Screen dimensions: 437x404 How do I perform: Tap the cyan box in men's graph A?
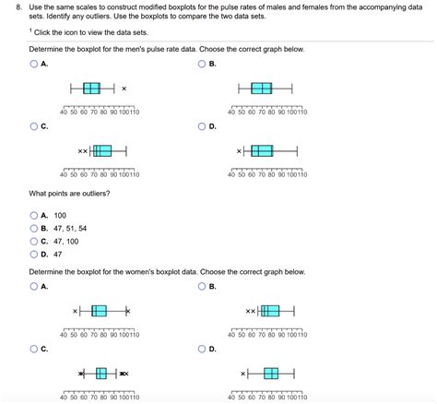click(x=91, y=89)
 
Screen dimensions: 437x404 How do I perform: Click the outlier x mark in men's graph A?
click(x=124, y=89)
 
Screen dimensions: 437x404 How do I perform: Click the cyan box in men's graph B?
click(x=262, y=89)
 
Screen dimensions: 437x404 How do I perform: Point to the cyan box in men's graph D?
click(x=263, y=150)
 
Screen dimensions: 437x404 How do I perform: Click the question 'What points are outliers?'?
click(x=70, y=194)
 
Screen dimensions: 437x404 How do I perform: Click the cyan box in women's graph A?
click(x=100, y=312)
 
